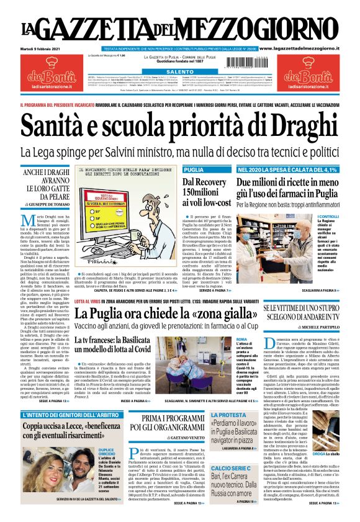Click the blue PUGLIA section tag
click(194, 169)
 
